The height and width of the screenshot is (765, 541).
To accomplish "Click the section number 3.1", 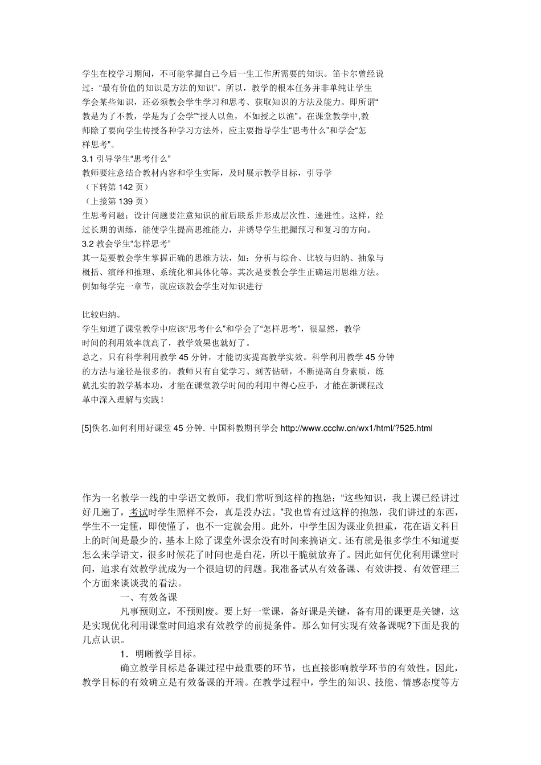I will pos(88,158).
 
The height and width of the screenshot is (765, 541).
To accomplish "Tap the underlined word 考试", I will pos(138,511).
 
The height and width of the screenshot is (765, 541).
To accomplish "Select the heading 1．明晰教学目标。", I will pos(158,653).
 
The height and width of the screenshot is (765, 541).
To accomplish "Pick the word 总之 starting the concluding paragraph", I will pos(89,357).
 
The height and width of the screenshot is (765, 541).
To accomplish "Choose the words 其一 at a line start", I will pos(89,258).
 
